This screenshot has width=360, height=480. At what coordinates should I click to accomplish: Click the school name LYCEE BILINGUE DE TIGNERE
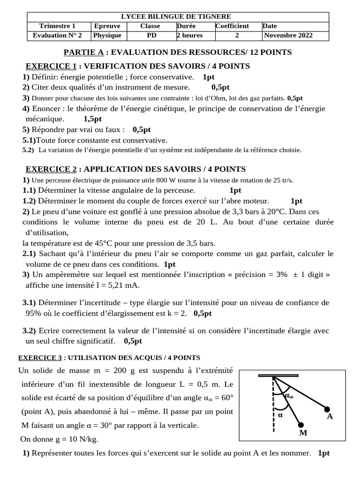180,17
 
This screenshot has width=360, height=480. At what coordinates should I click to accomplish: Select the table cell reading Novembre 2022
289,35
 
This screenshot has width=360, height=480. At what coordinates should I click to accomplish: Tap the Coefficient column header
232,26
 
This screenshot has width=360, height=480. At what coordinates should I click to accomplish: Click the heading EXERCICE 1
51,66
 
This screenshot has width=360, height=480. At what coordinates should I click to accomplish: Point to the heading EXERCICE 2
51,169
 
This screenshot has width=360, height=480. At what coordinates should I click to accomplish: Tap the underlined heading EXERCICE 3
40,358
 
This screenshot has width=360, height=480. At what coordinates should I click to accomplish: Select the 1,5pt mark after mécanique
92,119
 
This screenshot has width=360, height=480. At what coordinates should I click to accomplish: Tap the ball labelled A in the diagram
327,409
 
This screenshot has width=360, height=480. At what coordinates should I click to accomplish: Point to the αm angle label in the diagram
289,396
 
